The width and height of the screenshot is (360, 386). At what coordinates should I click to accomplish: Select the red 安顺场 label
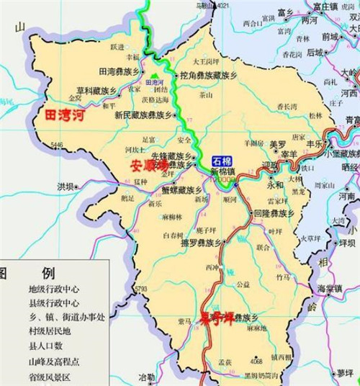(150, 164)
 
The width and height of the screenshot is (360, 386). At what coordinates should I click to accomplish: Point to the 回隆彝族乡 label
(274, 214)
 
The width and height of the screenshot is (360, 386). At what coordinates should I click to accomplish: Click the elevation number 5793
(140, 289)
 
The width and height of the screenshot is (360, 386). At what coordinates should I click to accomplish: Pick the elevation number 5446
(58, 145)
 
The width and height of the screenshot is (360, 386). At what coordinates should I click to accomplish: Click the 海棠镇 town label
(331, 288)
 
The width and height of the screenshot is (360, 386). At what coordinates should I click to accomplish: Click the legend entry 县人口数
(45, 346)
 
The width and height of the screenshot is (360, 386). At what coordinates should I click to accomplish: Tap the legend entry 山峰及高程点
(54, 362)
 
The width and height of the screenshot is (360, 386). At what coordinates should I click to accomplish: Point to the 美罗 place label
(278, 144)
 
